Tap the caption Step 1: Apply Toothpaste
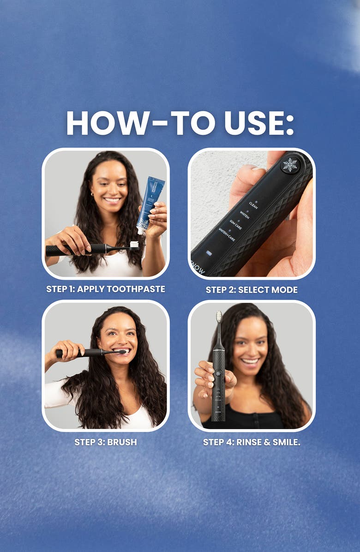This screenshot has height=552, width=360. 106,289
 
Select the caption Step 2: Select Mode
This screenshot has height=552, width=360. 252,290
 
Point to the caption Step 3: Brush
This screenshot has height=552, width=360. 106,442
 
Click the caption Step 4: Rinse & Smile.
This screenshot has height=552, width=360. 252,442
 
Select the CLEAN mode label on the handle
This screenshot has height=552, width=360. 253,204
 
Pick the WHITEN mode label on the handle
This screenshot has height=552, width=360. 244,215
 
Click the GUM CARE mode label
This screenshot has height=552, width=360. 235,225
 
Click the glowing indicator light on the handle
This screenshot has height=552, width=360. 208,253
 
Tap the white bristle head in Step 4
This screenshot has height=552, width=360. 219,317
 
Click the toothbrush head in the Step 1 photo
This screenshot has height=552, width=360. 134,244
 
